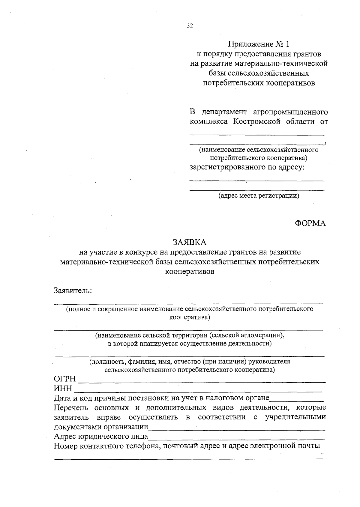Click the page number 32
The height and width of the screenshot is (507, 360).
tap(190, 26)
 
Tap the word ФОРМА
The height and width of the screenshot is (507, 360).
tap(310, 223)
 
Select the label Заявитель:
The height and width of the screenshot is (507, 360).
tap(73, 290)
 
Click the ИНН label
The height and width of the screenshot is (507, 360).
tap(63, 389)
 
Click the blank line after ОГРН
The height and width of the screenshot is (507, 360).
tap(202, 382)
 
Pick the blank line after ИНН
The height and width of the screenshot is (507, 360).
tap(198, 391)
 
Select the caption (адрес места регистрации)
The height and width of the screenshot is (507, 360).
tap(259, 196)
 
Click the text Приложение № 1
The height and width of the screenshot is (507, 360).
tap(259, 44)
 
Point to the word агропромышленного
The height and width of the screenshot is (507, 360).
tap(290, 112)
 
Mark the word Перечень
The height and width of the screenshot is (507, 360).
tap(71, 407)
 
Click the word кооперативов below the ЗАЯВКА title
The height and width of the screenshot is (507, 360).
tap(190, 272)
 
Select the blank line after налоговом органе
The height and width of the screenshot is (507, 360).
tap(297, 401)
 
